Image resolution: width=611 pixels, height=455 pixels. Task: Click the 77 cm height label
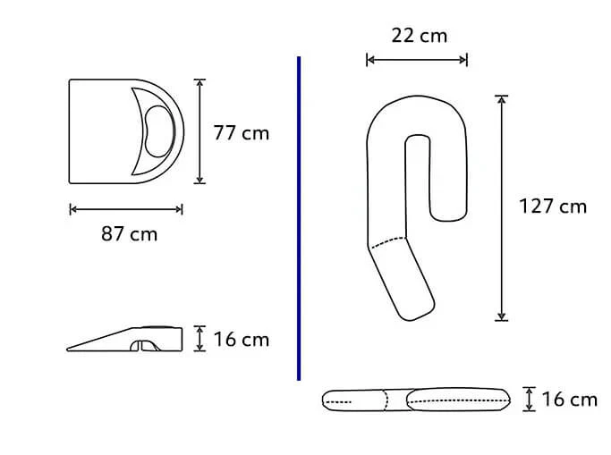(241, 133)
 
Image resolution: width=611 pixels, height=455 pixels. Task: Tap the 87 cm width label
(129, 234)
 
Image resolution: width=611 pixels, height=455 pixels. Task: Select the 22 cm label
(419, 36)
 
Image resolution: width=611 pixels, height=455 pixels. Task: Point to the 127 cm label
(553, 206)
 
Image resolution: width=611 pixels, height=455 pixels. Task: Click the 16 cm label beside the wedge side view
(241, 340)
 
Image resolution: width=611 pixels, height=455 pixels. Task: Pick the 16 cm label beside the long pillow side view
(569, 400)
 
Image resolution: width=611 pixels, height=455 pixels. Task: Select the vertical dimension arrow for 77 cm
(200, 131)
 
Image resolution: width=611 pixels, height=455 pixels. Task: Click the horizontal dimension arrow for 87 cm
(125, 210)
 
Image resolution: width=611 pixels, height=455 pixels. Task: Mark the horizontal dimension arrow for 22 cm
(417, 60)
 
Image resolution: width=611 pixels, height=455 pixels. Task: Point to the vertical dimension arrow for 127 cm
(502, 207)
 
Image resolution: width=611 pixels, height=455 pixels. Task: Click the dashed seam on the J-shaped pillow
(387, 241)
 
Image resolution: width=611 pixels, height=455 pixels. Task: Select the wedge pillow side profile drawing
(134, 338)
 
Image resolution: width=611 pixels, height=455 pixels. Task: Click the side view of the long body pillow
(417, 400)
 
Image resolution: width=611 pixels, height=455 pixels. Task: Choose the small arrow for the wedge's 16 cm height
(200, 339)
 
